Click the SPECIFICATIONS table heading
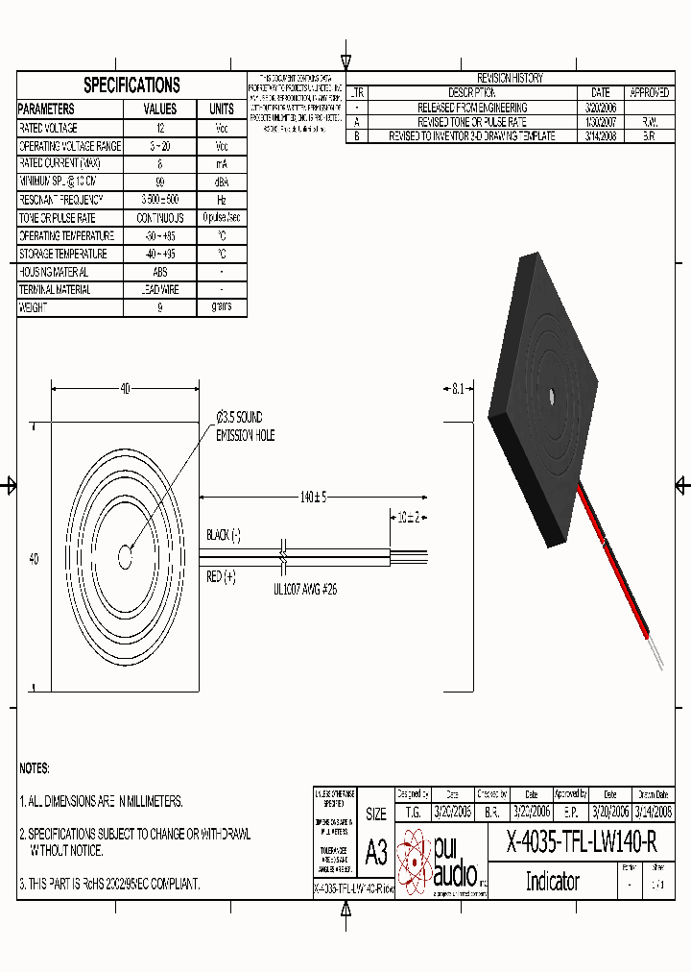[131, 85]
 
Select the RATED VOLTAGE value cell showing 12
[160, 128]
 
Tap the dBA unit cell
[221, 182]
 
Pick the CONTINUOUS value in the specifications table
[160, 218]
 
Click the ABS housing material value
[160, 272]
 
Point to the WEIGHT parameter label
[33, 308]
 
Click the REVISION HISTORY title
[509, 78]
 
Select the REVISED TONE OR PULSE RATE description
[472, 123]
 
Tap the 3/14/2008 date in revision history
[600, 137]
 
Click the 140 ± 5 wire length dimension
[313, 497]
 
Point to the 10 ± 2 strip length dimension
[408, 517]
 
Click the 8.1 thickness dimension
[457, 389]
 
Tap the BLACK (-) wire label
[224, 535]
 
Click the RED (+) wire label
[221, 576]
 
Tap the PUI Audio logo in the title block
[441, 861]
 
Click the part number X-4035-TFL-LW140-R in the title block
[582, 842]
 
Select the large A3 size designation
[376, 852]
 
